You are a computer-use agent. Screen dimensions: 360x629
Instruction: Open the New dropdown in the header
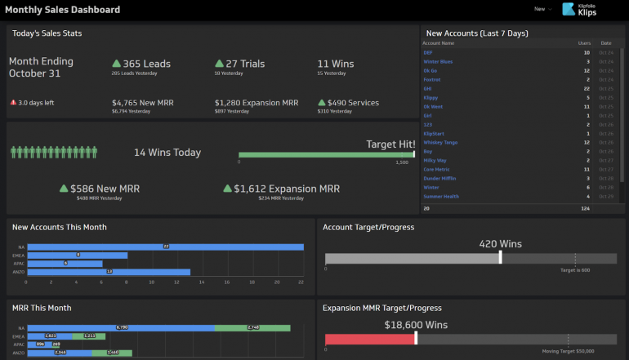(542, 9)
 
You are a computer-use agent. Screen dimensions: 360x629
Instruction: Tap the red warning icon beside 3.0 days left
(13, 103)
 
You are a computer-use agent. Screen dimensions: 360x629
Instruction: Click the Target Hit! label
(390, 144)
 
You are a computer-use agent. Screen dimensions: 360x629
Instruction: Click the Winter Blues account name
(438, 61)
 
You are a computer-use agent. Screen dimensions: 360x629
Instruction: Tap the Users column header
(584, 42)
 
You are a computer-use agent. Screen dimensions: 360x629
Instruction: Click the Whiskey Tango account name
(441, 142)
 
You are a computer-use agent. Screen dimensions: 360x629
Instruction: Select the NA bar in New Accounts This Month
(164, 247)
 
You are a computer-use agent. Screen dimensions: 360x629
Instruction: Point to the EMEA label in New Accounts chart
(19, 255)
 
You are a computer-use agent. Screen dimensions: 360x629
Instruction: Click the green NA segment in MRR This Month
(252, 327)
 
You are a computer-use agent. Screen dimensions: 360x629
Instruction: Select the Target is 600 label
(575, 269)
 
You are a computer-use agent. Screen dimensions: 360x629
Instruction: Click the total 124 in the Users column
(585, 208)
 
